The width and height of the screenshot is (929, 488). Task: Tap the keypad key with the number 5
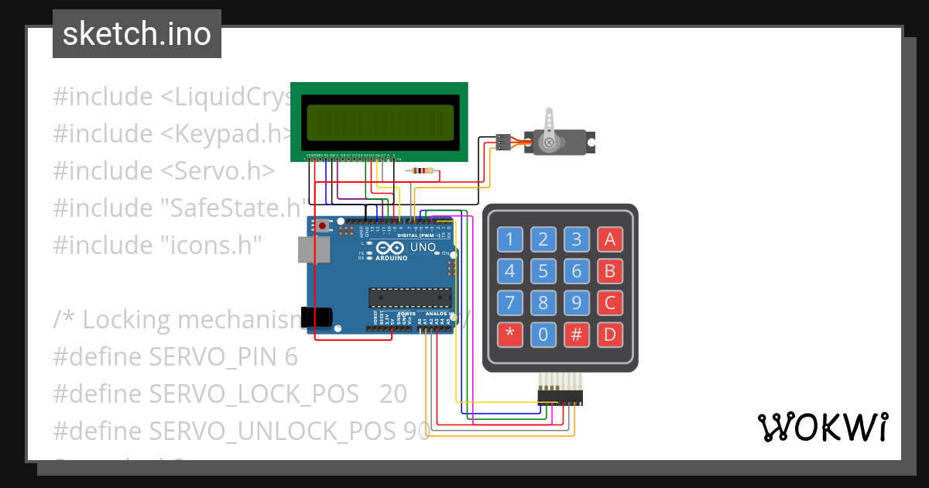(x=543, y=271)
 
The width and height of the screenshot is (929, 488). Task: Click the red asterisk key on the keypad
(x=509, y=335)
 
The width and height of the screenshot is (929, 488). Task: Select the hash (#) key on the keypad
(x=577, y=335)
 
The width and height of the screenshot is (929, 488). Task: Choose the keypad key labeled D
(x=610, y=335)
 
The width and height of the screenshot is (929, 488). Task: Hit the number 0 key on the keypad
(x=543, y=335)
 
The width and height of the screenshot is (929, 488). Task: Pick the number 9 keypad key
(x=577, y=303)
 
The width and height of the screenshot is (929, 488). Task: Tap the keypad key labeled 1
(x=509, y=239)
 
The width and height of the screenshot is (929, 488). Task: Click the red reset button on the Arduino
(x=322, y=225)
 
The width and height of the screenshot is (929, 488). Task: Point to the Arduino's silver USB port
(x=314, y=249)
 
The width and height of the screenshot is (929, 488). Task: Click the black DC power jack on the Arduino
(x=317, y=316)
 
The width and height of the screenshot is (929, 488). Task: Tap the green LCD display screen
(x=379, y=120)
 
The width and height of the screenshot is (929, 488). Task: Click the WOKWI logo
(x=822, y=427)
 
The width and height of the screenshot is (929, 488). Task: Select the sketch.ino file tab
(x=136, y=34)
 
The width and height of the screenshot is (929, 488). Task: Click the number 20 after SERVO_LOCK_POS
(x=393, y=394)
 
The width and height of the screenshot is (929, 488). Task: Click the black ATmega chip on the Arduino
(x=410, y=297)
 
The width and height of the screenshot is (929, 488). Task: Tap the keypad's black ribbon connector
(x=560, y=397)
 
